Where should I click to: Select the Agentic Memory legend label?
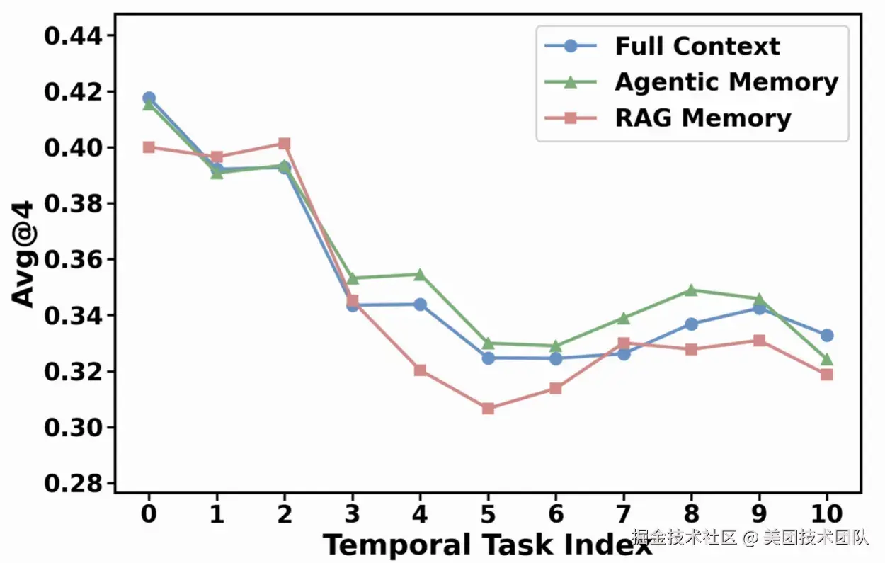726,82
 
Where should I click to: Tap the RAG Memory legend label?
703,118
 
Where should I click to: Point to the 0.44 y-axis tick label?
73,36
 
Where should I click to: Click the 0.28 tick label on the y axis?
73,483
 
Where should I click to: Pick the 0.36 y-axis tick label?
73,260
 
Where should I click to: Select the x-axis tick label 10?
826,513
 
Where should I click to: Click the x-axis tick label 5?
488,513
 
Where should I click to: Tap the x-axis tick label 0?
149,513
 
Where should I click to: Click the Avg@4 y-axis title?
22,254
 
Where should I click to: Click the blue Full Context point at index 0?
149,98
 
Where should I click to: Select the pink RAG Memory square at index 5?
488,408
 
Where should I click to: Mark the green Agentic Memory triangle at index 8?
691,290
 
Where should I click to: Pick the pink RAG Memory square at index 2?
285,144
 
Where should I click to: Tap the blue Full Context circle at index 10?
827,336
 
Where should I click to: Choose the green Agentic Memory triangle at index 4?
420,275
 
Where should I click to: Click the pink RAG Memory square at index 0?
149,147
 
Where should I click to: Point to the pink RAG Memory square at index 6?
556,389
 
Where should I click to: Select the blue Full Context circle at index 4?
420,305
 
